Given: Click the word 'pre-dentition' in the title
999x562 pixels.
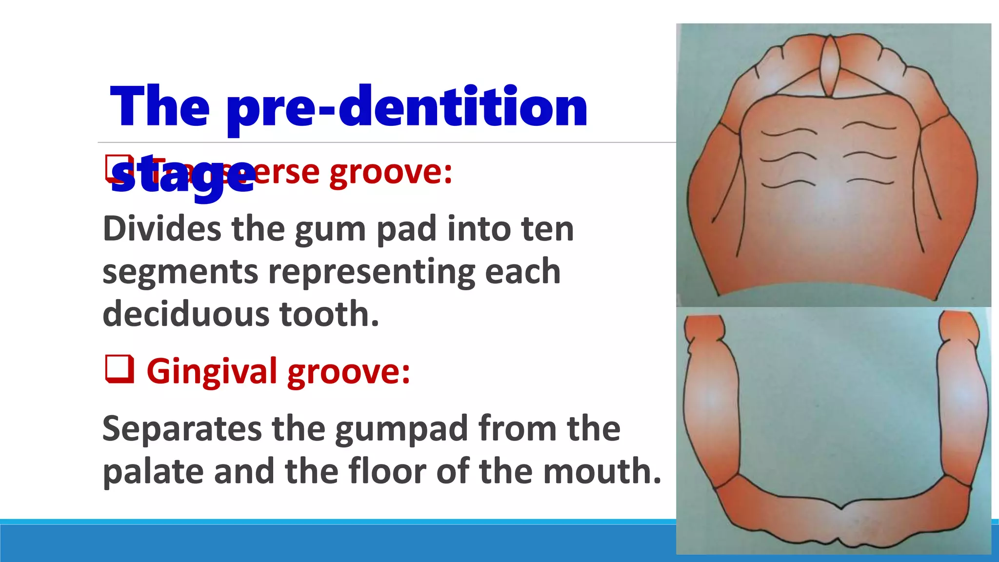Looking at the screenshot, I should click(x=407, y=107).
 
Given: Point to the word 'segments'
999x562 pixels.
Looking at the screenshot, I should click(x=180, y=272).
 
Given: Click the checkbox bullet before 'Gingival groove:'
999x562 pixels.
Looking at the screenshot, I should click(x=120, y=369).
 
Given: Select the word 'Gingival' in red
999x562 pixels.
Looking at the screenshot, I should click(x=212, y=372).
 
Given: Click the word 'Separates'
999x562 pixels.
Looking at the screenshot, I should click(x=182, y=429).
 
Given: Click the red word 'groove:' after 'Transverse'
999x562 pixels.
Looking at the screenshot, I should click(x=391, y=172).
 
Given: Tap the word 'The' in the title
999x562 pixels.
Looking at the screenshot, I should click(x=160, y=107).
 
